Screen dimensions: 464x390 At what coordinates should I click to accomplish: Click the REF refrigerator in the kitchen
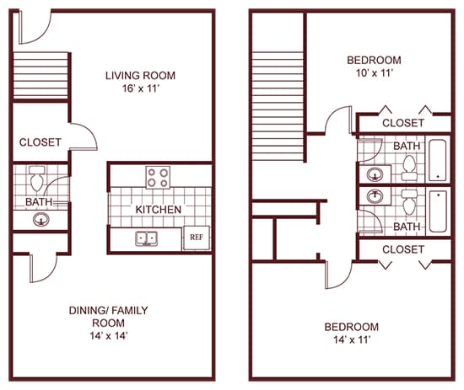click(x=197, y=238)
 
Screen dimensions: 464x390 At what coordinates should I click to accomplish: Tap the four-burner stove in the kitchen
click(x=158, y=177)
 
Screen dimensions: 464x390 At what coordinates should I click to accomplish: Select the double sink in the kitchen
click(x=146, y=238)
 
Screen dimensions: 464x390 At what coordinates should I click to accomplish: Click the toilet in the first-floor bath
click(x=37, y=179)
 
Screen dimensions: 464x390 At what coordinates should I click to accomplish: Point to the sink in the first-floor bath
click(x=41, y=220)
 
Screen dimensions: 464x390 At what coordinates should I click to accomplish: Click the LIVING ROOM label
click(x=140, y=76)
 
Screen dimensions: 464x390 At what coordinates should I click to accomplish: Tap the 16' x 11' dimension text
click(x=141, y=88)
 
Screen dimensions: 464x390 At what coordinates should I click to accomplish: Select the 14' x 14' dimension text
click(x=109, y=335)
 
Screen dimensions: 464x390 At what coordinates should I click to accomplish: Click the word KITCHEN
click(x=159, y=210)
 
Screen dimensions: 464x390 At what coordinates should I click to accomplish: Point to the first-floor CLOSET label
click(x=40, y=142)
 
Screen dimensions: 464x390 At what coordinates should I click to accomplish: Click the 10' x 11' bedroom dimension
click(x=375, y=73)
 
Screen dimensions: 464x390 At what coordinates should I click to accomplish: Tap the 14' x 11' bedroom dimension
click(x=352, y=339)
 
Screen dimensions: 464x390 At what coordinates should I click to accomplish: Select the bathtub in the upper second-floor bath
click(x=438, y=160)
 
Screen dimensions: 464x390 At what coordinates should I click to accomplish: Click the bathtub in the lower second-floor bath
click(x=438, y=211)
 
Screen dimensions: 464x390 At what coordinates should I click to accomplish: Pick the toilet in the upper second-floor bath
click(x=409, y=168)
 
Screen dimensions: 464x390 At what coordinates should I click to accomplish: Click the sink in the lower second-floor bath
click(x=375, y=196)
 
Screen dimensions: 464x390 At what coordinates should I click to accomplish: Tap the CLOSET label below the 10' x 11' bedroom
click(x=403, y=123)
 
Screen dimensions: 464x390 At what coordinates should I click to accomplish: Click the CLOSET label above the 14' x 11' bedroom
click(x=403, y=249)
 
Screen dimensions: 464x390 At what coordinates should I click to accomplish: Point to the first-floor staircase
click(x=40, y=76)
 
